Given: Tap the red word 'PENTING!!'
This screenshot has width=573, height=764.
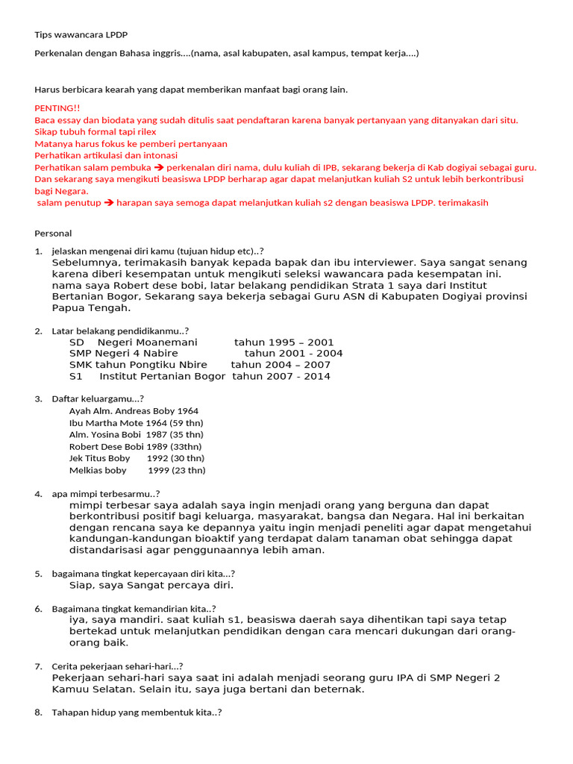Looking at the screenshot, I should point(56,108).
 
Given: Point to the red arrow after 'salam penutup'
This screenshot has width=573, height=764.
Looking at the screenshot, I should point(108,203).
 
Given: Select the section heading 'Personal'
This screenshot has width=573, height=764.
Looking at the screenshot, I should point(53,234).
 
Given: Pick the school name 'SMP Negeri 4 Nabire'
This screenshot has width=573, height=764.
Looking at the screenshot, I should point(123,354).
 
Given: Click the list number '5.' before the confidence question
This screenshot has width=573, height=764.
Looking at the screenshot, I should point(38,574).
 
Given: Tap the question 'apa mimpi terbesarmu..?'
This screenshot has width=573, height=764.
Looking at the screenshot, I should point(105,494).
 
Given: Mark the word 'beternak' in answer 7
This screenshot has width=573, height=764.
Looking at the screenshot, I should point(339,689).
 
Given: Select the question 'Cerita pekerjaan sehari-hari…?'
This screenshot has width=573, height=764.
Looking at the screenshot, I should point(117,666).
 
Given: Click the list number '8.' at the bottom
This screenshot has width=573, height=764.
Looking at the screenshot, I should point(38,713).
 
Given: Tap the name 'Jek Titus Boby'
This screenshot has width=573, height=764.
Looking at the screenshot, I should point(99,458).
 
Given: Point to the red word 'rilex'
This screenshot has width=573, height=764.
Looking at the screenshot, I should point(143,132).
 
